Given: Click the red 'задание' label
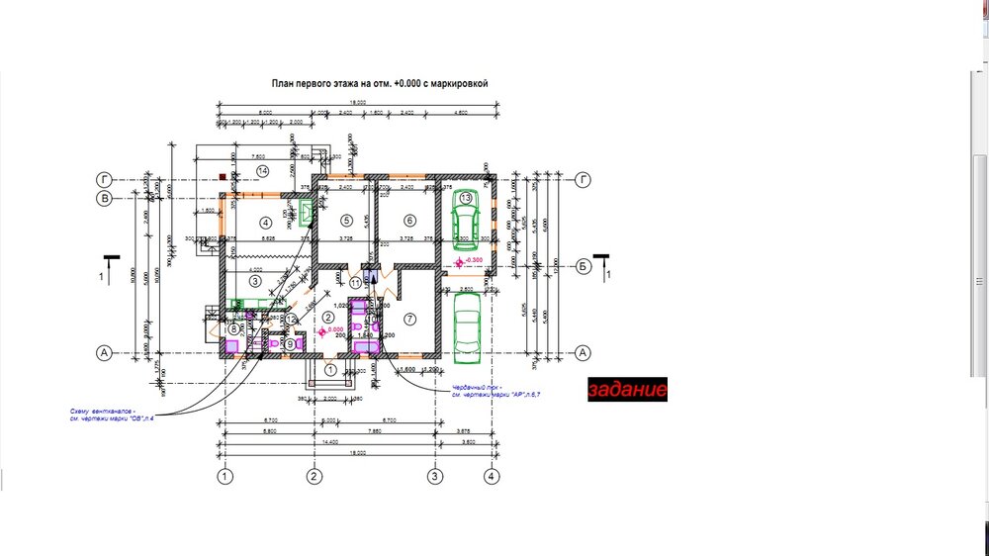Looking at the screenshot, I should click(x=627, y=390).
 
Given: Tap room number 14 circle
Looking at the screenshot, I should click(x=262, y=171).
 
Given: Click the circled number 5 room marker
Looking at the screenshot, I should click(x=346, y=221).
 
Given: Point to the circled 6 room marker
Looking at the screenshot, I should click(x=409, y=221).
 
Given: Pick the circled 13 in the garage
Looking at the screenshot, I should click(x=466, y=198).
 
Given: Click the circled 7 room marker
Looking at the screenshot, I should click(x=409, y=319).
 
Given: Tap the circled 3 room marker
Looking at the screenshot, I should click(x=254, y=282).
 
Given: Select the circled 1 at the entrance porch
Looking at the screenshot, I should click(x=331, y=370).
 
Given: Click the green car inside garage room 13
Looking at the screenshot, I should click(x=464, y=219).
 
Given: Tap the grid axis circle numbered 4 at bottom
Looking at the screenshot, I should click(x=492, y=477).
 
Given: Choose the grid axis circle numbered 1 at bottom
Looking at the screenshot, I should click(x=225, y=477).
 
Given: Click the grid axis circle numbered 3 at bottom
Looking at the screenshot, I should click(x=434, y=477).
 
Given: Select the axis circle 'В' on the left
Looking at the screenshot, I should click(x=102, y=198).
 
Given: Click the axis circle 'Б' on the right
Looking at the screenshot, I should click(x=584, y=266).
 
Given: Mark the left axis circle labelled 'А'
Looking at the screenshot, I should click(x=102, y=352).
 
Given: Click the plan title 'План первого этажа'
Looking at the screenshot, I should click(x=381, y=85).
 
